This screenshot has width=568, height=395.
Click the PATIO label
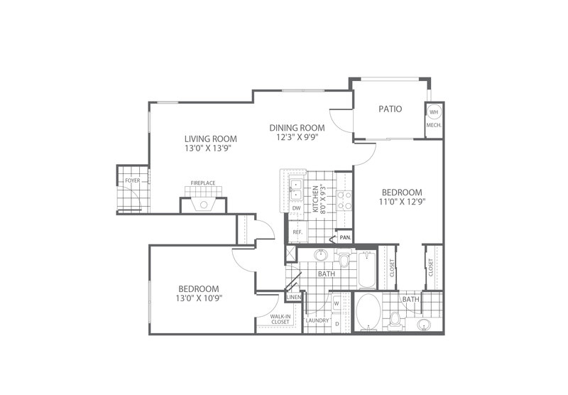pos(390,109)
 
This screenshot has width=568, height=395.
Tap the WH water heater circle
pos(434,112)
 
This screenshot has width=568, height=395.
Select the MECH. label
pos(434,125)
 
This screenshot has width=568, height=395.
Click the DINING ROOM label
pos(297,128)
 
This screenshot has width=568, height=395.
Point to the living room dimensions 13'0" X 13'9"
pos(208,148)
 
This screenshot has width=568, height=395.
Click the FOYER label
pos(133,180)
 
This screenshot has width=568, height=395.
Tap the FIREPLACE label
pos(203,183)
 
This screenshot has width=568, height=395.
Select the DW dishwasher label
pos(296,208)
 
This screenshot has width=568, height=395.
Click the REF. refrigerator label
pos(297,232)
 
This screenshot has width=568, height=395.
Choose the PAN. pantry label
pos(345,238)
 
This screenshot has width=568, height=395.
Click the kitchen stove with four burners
pos(344,200)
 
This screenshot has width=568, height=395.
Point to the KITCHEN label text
pos(315,199)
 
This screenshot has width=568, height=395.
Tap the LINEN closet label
pos(294,297)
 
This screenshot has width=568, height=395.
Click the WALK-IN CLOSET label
pos(280,319)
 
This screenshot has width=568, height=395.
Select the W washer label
pos(336,303)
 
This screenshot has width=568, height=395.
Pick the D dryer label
pos(337,324)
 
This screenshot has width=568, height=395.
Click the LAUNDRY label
pos(317,320)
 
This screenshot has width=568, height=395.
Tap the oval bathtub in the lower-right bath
pos(368,311)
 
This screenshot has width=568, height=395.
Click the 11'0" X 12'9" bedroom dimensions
pos(402,202)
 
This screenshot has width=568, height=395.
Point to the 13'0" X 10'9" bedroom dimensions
pos(199,298)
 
